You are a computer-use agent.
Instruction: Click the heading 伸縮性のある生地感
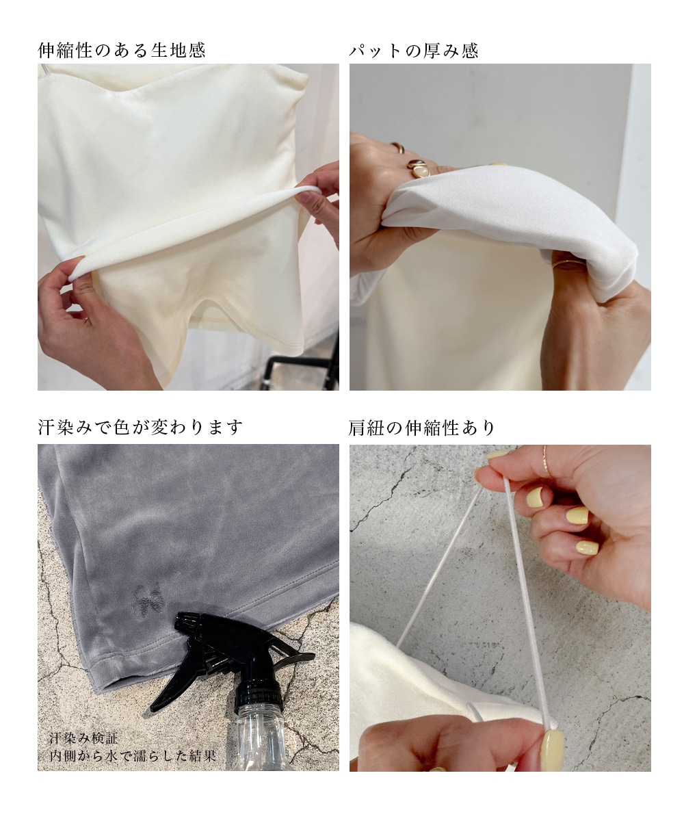point(122,51)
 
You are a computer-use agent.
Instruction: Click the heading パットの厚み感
point(414,51)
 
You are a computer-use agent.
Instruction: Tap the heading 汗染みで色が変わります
point(140,428)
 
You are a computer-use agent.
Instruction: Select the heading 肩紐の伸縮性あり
point(421,428)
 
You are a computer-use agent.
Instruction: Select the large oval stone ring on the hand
point(419,166)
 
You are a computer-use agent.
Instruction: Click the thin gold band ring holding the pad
point(568,264)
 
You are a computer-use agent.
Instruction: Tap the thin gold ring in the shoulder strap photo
point(547,462)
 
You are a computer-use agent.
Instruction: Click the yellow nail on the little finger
point(587,548)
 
